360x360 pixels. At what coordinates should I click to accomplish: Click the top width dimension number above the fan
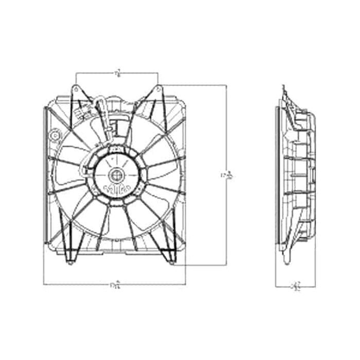coord(118,73)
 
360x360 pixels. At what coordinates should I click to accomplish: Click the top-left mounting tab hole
coord(76,88)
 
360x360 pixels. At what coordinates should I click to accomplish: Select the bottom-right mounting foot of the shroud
coord(170,262)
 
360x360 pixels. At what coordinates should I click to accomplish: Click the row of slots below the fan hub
coord(116,189)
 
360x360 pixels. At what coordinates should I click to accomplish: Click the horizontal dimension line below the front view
coord(77,284)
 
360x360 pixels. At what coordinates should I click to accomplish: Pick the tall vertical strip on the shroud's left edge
coord(46,175)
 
